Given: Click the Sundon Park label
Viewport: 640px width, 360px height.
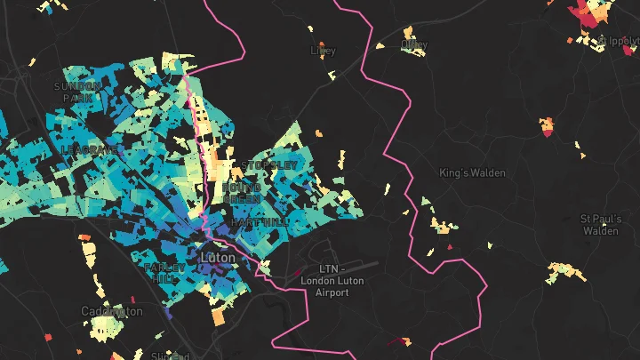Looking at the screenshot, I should pos(78,92).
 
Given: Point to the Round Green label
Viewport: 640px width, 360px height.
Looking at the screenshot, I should pos(242,193).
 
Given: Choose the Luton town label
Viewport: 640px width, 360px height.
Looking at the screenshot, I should pos(219,258).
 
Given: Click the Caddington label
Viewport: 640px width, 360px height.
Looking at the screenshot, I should pos(111,311).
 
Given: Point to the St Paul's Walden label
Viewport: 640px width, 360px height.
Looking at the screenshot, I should pos(599,224).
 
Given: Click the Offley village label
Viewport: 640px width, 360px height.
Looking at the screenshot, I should pos(414,44).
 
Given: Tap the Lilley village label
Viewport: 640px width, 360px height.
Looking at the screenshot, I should pos(324,51).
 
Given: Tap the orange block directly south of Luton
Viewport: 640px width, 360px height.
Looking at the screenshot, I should pos(219,315).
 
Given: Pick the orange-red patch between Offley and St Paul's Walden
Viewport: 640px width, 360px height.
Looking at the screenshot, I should pos(548,126).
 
